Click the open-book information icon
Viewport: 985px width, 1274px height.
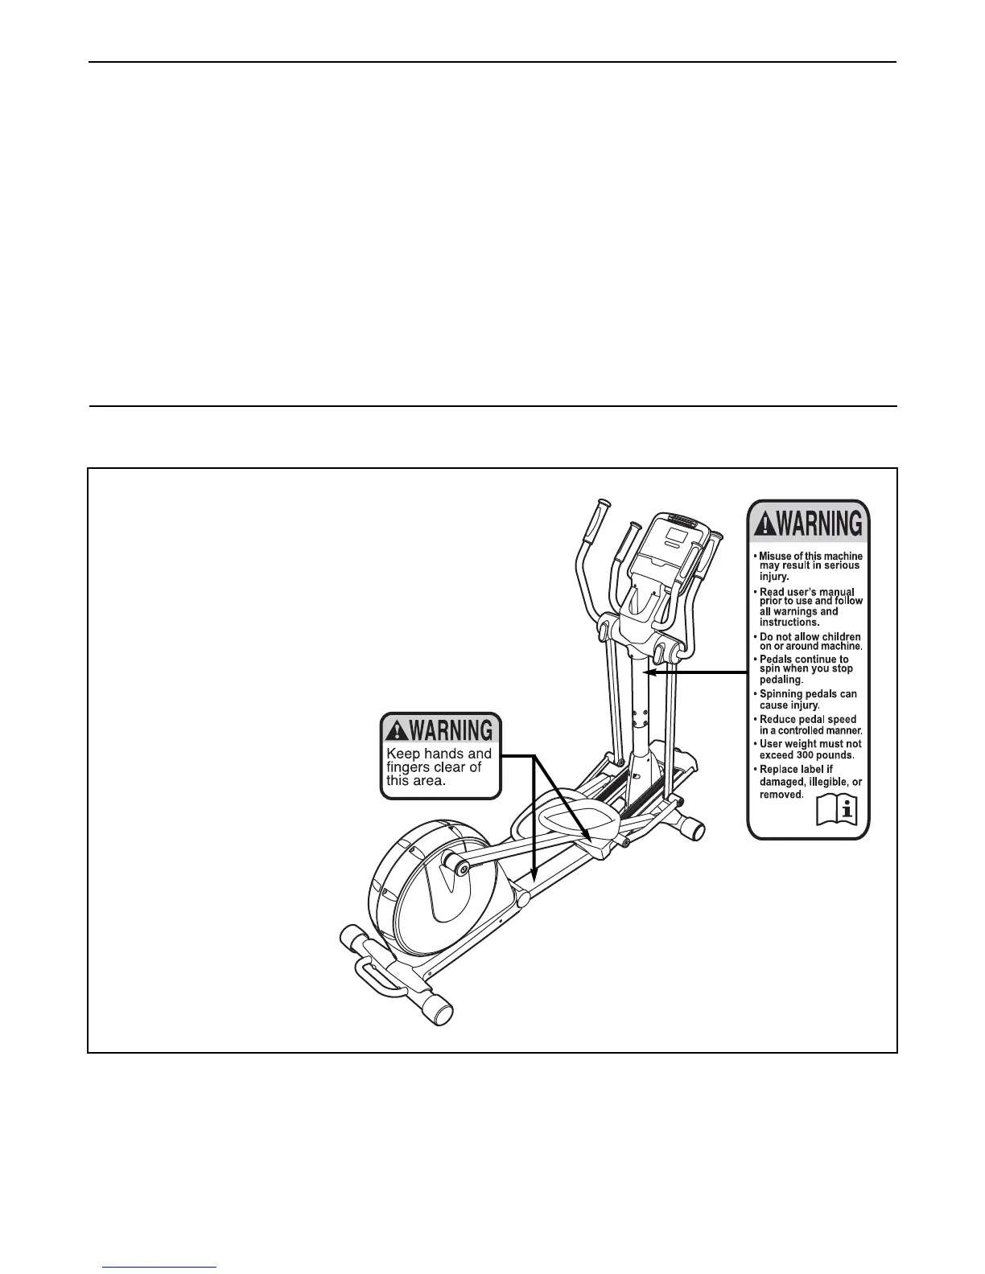point(836,810)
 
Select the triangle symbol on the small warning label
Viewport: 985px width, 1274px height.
point(397,730)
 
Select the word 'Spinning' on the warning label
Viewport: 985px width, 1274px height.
point(783,694)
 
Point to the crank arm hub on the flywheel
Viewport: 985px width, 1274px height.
point(461,865)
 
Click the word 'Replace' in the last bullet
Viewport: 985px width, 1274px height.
point(780,770)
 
